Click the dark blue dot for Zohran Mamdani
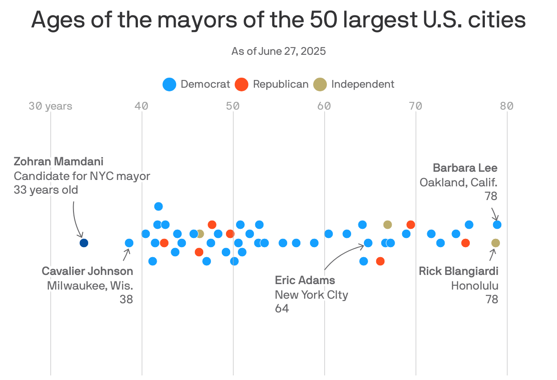click(x=84, y=243)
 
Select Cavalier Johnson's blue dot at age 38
click(x=129, y=243)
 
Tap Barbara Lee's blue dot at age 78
click(x=497, y=224)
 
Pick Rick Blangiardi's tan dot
click(x=495, y=243)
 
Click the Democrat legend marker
click(x=169, y=84)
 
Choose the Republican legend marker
click(x=241, y=84)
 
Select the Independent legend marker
click(x=321, y=84)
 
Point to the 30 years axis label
click(x=50, y=106)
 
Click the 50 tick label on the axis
click(x=233, y=106)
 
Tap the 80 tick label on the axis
click(x=506, y=106)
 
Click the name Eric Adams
click(x=305, y=280)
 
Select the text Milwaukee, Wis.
click(x=90, y=285)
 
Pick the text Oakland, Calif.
click(x=458, y=182)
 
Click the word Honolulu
click(x=475, y=285)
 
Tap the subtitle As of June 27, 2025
click(x=278, y=51)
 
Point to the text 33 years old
click(x=46, y=190)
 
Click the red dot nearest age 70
click(x=410, y=224)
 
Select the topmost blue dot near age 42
click(x=158, y=206)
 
